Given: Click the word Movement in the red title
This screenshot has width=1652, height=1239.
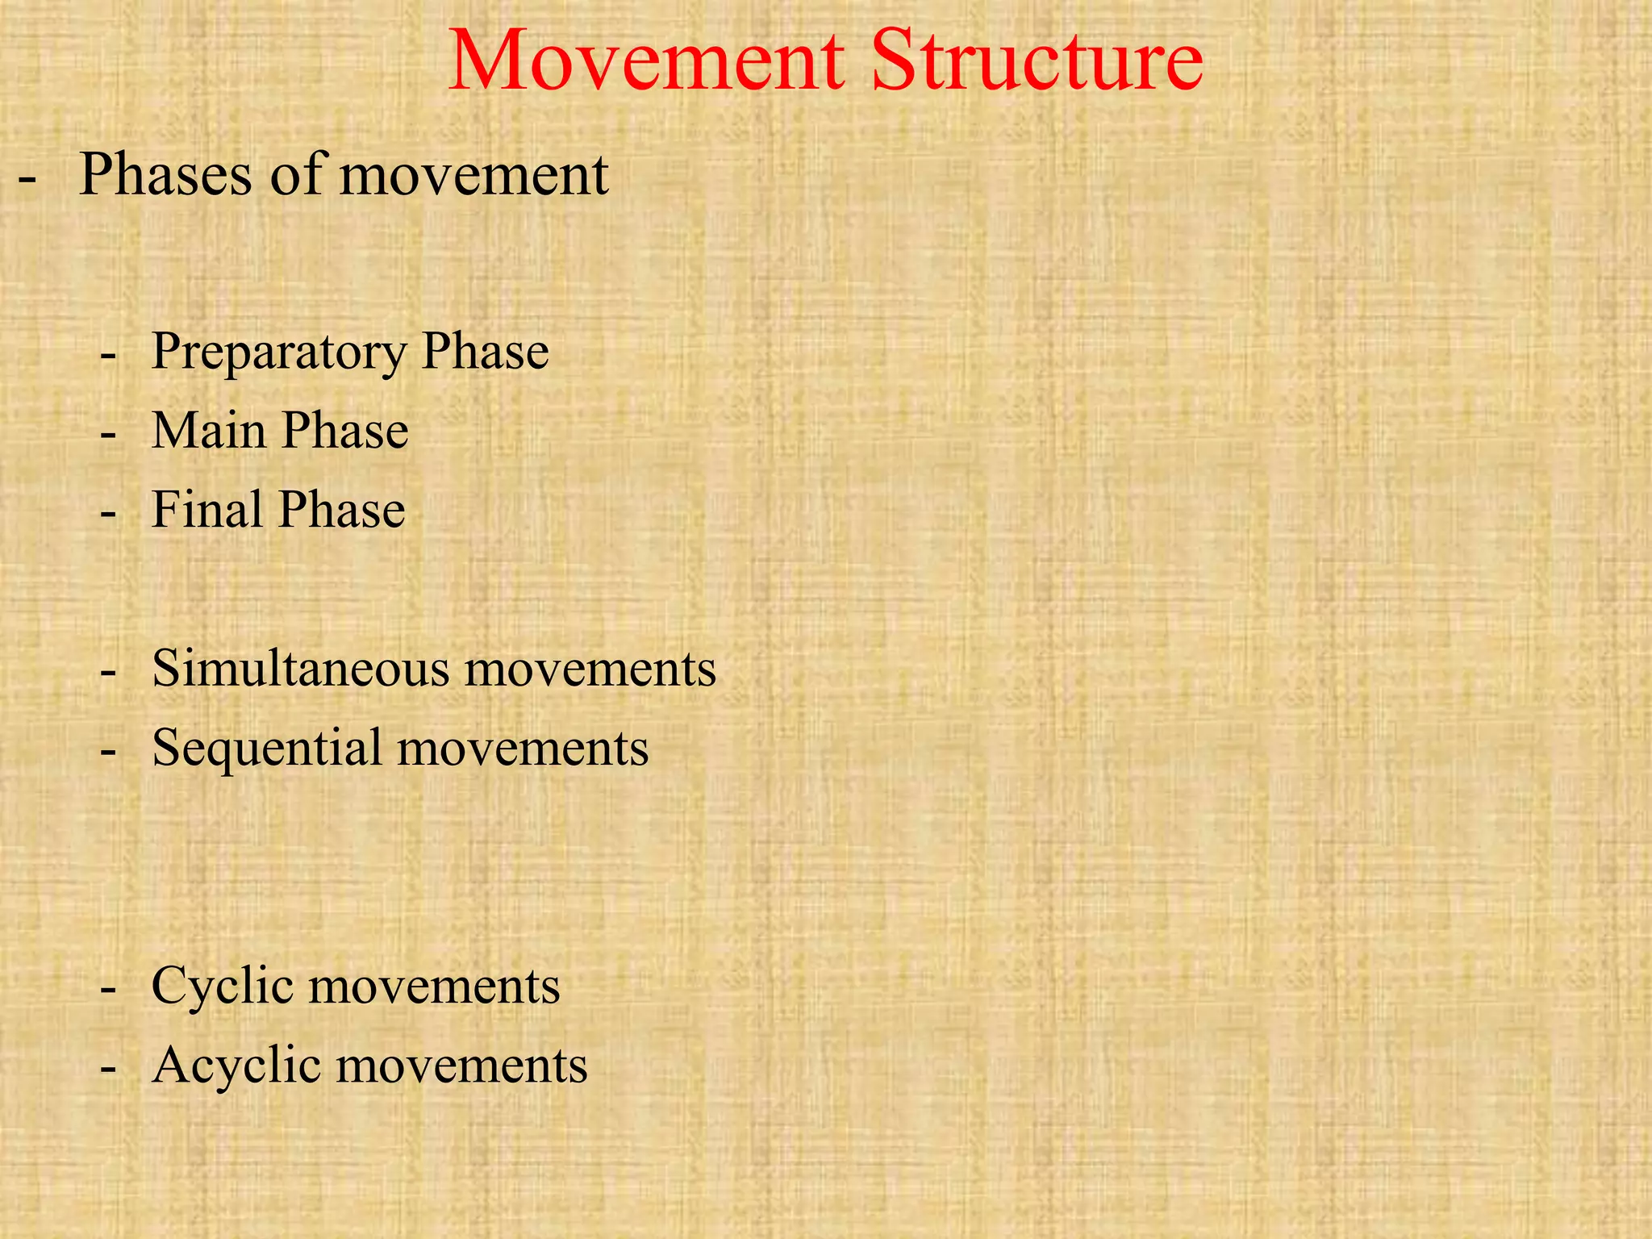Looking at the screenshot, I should tap(646, 61).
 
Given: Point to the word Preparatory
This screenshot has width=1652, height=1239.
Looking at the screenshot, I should tap(279, 353).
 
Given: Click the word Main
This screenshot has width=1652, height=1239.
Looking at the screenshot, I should tap(208, 430).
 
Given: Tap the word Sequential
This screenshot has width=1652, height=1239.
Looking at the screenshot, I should tap(266, 748).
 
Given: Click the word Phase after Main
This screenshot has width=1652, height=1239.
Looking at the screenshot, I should tap(345, 430).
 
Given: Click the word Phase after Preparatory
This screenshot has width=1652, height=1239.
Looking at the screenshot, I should tap(486, 352).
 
